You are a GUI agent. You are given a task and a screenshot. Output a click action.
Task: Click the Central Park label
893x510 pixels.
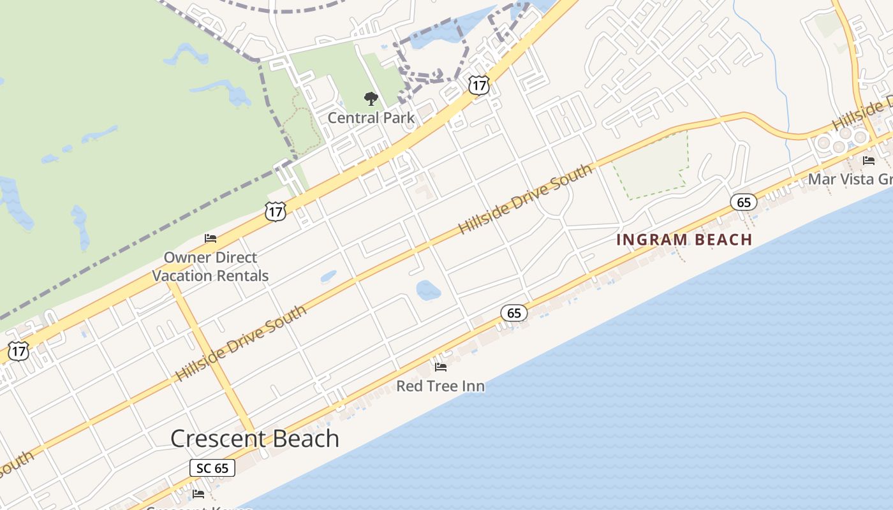coord(371,118)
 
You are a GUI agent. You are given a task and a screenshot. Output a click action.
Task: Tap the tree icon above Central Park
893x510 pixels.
coord(371,99)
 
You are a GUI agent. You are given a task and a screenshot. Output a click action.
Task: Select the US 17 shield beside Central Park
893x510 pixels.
coord(478,85)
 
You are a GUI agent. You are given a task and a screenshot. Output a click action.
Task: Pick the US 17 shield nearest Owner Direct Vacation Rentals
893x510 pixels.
coord(276,212)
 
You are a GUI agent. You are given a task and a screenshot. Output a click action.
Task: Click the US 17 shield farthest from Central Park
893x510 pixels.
coord(18,351)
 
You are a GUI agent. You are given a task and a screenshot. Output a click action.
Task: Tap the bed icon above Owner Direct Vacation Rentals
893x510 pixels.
coord(210,238)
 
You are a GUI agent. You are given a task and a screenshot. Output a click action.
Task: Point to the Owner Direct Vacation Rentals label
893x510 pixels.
coord(210,266)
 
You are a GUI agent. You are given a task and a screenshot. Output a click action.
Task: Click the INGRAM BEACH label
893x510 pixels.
coord(684,240)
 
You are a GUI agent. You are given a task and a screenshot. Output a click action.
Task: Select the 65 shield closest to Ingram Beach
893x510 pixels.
coord(743,203)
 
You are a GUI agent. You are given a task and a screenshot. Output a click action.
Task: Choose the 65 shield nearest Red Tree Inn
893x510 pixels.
coord(513,313)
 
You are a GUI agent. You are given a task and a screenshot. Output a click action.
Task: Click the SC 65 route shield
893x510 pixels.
coord(212,468)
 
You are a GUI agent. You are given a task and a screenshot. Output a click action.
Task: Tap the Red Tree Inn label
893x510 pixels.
coord(440,386)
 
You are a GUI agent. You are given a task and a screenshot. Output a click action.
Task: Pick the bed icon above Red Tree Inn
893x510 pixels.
coord(440,367)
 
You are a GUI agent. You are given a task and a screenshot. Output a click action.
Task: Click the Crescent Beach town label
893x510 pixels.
coord(255,439)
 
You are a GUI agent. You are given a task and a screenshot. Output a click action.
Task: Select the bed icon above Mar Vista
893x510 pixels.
coord(868,161)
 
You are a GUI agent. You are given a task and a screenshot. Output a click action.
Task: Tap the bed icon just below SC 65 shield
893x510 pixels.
coord(198,493)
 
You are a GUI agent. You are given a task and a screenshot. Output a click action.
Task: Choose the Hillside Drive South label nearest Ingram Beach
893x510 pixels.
coord(526,200)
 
